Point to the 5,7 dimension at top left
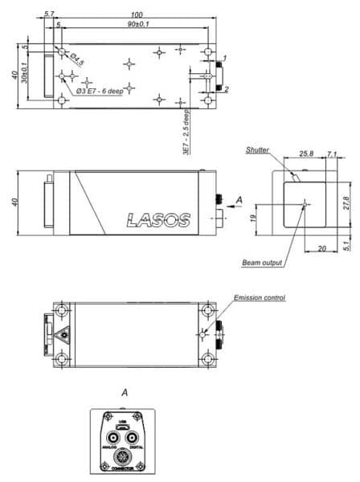pyautogui.click(x=50, y=14)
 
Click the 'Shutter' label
pyautogui.click(x=259, y=149)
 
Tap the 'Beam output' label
pyautogui.click(x=262, y=263)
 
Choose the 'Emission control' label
pyautogui.click(x=259, y=298)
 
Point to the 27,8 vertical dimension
pyautogui.click(x=346, y=202)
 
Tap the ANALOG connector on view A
pyautogui.click(x=112, y=438)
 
